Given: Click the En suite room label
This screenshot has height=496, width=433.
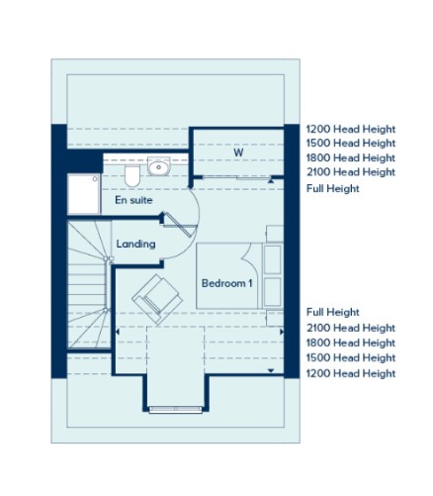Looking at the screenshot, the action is [133, 200].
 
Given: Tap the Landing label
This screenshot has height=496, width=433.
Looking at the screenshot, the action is [135, 244].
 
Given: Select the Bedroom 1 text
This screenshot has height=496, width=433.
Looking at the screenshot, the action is [226, 283].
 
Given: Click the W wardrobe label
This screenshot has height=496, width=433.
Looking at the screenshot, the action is [238, 152].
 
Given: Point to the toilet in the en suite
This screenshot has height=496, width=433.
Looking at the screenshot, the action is [132, 175].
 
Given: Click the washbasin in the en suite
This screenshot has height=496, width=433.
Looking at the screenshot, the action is [158, 166].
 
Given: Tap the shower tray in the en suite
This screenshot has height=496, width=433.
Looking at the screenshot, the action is [84, 194].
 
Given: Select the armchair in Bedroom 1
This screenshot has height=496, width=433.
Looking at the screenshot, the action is [157, 299].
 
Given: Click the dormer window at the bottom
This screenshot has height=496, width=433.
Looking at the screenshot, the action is [176, 410].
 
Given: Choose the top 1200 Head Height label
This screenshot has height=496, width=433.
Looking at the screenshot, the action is [351, 129].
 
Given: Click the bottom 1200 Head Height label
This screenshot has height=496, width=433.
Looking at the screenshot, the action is [351, 373].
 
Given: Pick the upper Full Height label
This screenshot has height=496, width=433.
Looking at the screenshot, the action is [333, 188].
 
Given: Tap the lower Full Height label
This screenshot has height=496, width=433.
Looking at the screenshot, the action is [333, 312].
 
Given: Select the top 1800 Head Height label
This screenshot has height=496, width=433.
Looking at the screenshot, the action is [351, 157].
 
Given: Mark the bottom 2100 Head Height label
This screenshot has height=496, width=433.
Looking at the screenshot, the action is [351, 328].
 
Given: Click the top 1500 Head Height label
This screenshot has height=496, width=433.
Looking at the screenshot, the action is [351, 144].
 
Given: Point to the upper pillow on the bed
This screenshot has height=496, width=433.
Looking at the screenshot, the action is [273, 259].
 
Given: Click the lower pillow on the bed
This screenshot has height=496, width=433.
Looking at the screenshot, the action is [273, 292].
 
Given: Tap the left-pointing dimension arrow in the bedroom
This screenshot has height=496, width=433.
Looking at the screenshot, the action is [118, 332].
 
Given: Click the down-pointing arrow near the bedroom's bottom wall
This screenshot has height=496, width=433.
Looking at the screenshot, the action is [271, 370].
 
